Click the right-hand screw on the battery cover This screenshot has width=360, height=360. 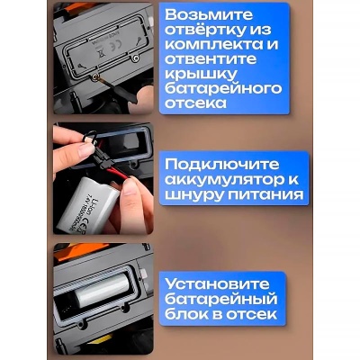pos(134,58)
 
